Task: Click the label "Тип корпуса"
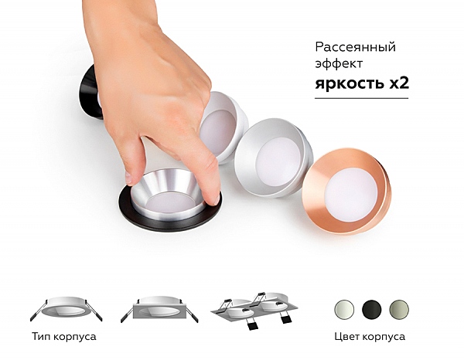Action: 65,337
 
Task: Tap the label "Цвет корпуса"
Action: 370,337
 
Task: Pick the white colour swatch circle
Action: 343,308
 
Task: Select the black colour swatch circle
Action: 370,308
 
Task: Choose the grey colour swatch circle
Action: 398,308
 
